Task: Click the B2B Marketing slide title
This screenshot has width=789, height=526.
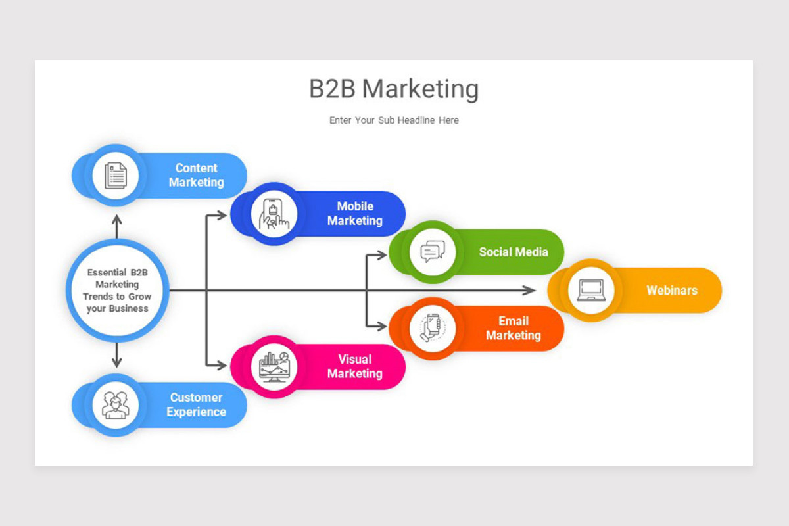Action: coord(394,89)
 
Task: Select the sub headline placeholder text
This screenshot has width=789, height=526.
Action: coord(394,120)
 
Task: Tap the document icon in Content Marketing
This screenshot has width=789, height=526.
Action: coord(116,176)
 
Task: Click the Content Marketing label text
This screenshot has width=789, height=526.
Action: coord(196,176)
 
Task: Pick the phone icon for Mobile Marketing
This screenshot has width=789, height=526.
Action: coord(274,214)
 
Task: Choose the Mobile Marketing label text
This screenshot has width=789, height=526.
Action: coord(354,214)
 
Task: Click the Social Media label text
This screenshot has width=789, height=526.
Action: coord(513,252)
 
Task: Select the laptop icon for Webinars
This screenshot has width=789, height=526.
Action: coord(591,290)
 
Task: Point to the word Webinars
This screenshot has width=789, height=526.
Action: coord(671,290)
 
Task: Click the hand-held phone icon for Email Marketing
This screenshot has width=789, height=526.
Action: coord(433,328)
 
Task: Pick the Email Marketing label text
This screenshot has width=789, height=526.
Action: coord(513,328)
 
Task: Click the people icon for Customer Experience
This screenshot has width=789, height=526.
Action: coord(116,405)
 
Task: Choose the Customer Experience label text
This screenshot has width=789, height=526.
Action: coord(196,405)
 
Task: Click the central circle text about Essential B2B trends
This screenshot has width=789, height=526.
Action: coord(118,290)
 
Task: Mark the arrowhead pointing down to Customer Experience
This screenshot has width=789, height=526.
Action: coord(117,362)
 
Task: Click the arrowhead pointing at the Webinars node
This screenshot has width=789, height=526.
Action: coord(530,290)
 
